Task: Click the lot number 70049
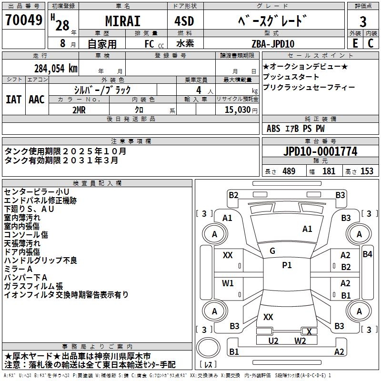24,20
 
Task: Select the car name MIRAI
123,21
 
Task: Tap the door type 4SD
184,21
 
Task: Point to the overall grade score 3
363,21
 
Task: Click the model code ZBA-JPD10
273,44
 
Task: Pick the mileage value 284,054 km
56,69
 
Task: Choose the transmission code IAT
13,100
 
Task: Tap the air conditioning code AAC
37,100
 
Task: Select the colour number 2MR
79,110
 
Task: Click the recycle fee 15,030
237,110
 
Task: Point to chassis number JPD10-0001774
320,151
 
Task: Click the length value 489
289,171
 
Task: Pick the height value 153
367,171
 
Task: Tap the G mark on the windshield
272,251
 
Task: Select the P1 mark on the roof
287,265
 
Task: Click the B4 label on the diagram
367,254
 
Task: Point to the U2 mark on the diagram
273,341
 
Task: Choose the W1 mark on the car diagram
228,283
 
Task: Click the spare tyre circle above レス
208,348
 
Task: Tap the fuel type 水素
185,43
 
